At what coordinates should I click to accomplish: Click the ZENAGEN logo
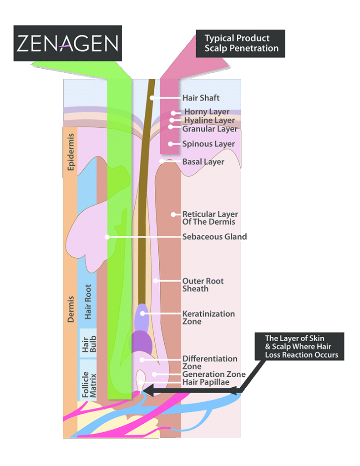coord(68,43)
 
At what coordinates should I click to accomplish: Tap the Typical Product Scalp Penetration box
coord(240,44)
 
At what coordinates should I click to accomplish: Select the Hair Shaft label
coord(201,98)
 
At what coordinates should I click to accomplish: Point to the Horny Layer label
coord(207,112)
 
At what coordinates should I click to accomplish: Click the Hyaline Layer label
coord(209,121)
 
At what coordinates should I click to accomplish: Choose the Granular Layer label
coord(210,129)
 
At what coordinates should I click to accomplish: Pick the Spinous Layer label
coord(208,144)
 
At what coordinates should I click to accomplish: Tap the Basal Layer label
coord(203,162)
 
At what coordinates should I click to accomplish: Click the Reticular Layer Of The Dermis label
coord(210,218)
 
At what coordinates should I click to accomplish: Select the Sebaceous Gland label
coord(214,237)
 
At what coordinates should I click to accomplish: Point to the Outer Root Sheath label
coord(203,285)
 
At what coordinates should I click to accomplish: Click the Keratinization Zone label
coord(208,318)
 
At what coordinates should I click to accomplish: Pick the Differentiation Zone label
coord(210,362)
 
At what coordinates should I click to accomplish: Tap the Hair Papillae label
coord(206,382)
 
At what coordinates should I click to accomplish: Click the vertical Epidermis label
coord(71,157)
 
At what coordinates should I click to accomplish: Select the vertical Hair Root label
coord(88,301)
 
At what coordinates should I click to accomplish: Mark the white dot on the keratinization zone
coord(142,313)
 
